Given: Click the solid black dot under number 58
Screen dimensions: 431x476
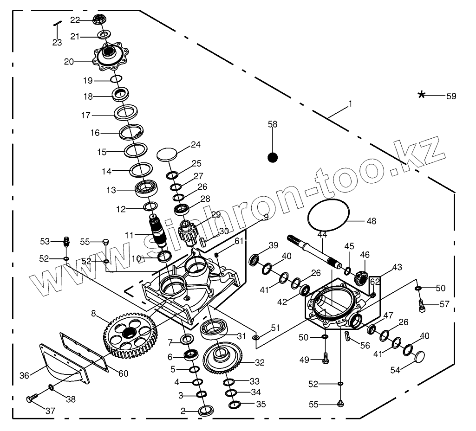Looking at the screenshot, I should click(x=273, y=158).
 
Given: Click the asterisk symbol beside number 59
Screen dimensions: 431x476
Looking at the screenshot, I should click(x=421, y=95).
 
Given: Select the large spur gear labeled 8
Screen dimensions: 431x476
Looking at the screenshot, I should click(x=130, y=334).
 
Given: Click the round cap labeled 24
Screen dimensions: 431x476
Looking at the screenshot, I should click(x=168, y=154).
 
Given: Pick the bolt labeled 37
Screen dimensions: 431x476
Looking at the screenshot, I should click(x=32, y=399).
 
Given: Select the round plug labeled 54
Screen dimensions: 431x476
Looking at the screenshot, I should click(x=419, y=357).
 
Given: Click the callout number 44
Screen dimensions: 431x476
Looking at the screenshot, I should click(x=322, y=236).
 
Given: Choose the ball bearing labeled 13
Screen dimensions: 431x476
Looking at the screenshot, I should click(x=147, y=188).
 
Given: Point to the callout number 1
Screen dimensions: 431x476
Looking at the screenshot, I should click(x=350, y=104).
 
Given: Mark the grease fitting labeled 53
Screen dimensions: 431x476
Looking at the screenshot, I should click(x=66, y=242).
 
